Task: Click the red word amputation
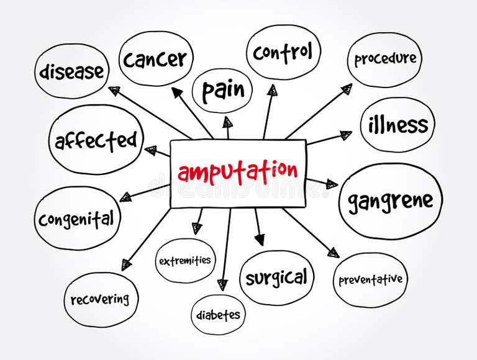[238, 171]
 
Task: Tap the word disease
[71, 71]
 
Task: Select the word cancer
[155, 59]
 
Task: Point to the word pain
[222, 91]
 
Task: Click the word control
[283, 53]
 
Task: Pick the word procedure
[384, 60]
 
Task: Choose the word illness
[397, 125]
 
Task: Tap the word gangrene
[390, 200]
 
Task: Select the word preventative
[370, 279]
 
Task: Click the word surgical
[276, 277]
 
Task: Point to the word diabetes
[218, 315]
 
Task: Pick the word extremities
[184, 261]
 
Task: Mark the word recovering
[100, 299]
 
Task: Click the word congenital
[76, 218]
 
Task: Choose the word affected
[95, 140]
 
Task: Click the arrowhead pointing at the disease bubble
[114, 91]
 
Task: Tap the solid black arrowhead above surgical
[259, 239]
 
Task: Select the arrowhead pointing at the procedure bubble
[347, 88]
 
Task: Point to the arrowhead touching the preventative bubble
[334, 252]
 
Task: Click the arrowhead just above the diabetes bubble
[222, 284]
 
